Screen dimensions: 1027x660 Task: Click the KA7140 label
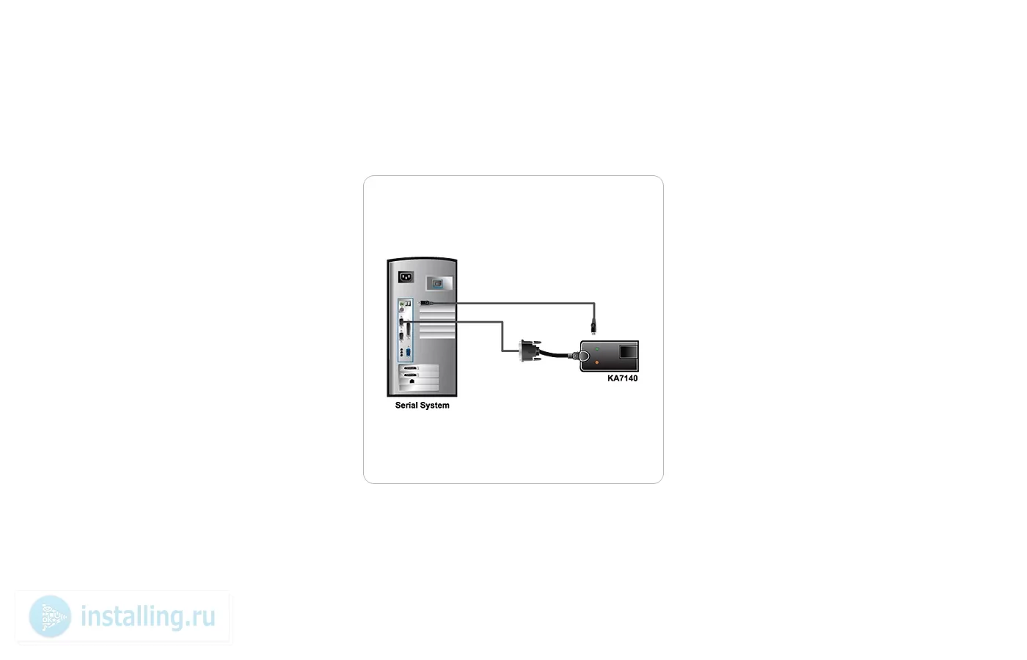coord(622,378)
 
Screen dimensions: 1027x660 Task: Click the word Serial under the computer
coord(406,405)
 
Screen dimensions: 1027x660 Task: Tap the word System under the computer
coord(435,406)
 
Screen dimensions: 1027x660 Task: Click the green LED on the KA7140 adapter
coord(597,349)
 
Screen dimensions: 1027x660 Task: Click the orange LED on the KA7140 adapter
coord(597,362)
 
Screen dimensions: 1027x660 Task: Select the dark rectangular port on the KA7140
coord(628,352)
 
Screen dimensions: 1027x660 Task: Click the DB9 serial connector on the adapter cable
coord(529,351)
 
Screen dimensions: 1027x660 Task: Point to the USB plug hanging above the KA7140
coord(593,327)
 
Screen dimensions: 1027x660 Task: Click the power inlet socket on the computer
coord(406,277)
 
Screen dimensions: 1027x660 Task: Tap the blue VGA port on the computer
coord(409,353)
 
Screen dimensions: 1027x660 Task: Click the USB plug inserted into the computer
coord(425,303)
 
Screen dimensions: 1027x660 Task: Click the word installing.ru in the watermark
coord(148,617)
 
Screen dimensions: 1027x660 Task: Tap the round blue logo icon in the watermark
coord(50,617)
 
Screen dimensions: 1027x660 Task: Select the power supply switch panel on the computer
coord(439,283)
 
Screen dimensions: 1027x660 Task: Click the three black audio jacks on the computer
coord(402,352)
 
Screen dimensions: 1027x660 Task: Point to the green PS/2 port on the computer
coord(402,304)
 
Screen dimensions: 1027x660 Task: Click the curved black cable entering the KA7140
coord(556,353)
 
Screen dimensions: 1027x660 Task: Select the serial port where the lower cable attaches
coord(402,322)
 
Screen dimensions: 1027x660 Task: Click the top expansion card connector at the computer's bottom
coord(410,368)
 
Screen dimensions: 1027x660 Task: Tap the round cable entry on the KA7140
coord(584,356)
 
